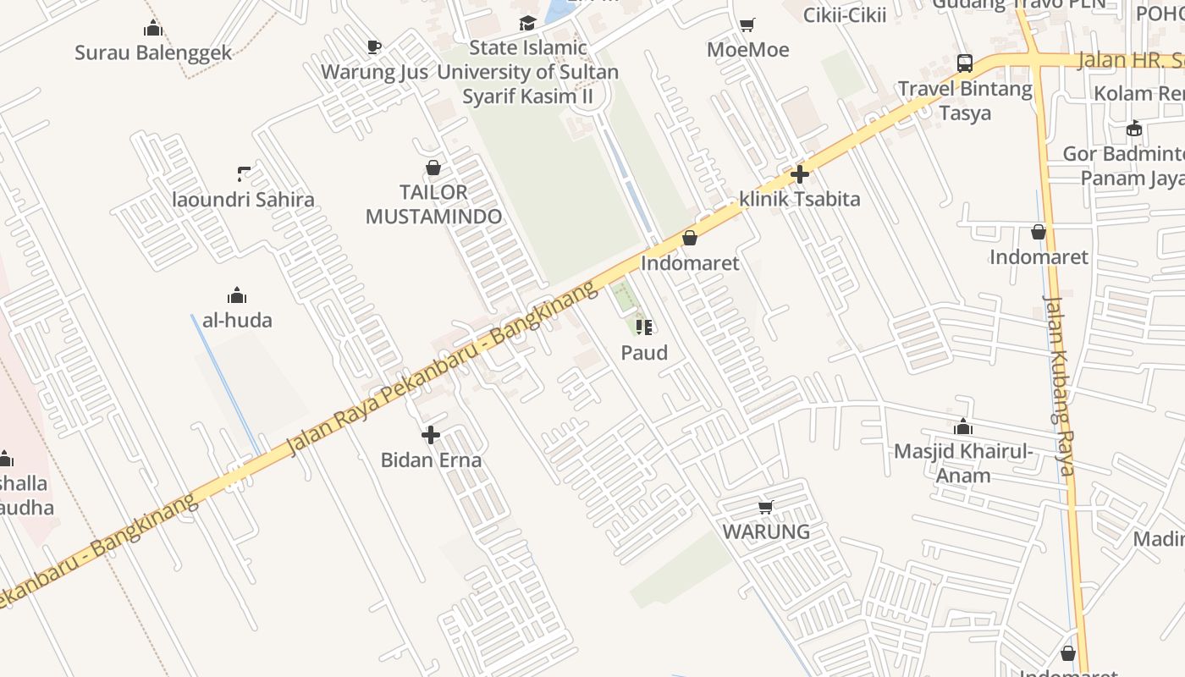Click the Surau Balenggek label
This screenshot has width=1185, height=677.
153,52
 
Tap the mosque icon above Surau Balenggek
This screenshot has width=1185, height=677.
152,28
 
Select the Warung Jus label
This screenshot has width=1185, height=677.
374,72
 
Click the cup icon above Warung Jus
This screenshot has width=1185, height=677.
374,47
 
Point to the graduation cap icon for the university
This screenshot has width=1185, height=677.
528,23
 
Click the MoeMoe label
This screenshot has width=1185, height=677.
747,50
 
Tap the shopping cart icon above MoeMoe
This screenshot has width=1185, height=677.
747,25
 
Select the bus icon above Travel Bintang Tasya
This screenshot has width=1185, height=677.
965,63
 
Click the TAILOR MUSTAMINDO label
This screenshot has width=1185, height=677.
433,204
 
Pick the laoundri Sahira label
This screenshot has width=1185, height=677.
243,200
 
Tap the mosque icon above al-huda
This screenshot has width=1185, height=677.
236,295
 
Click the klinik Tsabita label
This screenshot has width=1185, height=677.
799,199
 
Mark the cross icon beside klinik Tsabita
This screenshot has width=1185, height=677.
800,175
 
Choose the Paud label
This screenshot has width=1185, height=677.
644,352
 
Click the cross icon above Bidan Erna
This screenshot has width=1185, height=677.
431,435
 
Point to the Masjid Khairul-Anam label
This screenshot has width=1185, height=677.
963,462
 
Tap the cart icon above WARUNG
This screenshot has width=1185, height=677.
766,507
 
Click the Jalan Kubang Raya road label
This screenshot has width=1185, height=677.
1059,385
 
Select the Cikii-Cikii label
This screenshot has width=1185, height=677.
844,14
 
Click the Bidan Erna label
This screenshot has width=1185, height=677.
431,460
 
